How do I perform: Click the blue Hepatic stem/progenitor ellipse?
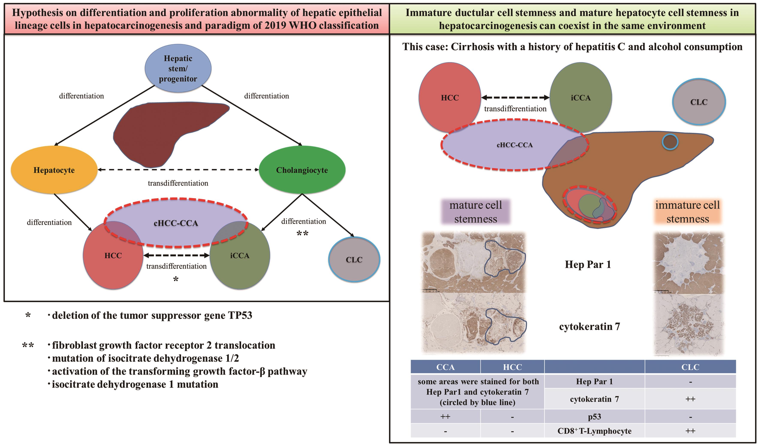click(178, 68)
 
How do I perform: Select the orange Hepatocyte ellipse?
click(54, 170)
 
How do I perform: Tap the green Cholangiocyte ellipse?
click(302, 170)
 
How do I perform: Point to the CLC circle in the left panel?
click(354, 259)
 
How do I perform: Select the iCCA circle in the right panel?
click(580, 97)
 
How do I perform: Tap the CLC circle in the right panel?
click(699, 102)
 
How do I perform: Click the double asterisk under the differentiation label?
click(302, 233)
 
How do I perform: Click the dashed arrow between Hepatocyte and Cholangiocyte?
click(178, 170)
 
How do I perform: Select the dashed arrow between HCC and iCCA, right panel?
click(515, 97)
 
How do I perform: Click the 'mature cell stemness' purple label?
click(476, 212)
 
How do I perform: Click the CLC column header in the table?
click(690, 367)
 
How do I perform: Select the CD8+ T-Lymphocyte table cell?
click(594, 431)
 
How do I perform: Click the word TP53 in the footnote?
click(240, 315)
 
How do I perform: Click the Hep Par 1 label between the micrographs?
click(588, 265)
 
